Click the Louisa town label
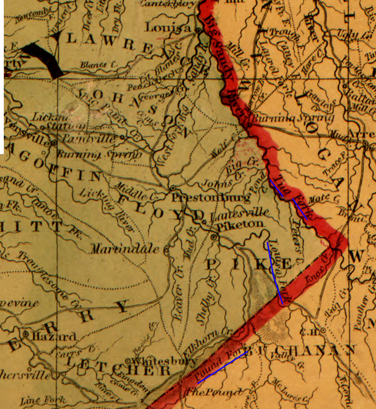tap(168, 28)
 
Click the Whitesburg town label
tap(164, 362)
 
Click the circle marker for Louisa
tap(199, 30)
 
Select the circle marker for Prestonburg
tap(173, 187)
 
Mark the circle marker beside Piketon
tap(214, 237)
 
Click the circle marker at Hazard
tap(26, 334)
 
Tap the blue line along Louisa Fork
tap(275, 273)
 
